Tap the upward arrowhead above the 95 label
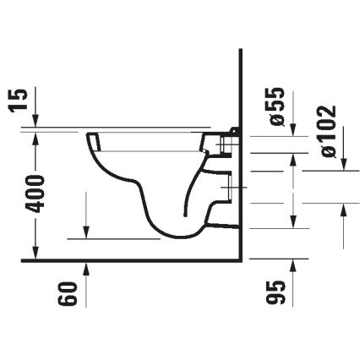coord(293,268)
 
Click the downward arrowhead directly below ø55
coord(293,128)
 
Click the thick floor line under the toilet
coord(127,259)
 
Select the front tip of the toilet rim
coord(89,135)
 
